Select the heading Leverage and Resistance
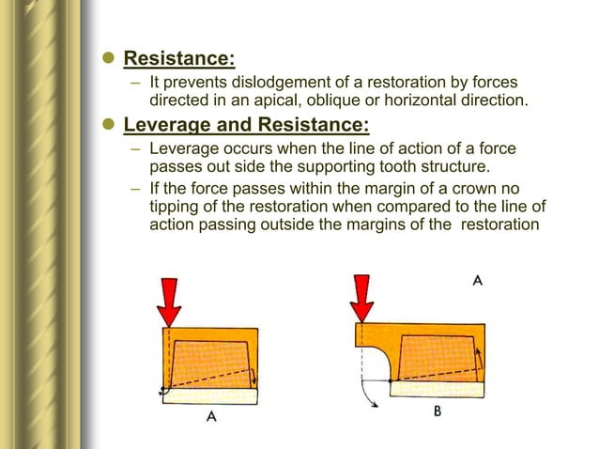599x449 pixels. [247, 126]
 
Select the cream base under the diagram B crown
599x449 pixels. [438, 386]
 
